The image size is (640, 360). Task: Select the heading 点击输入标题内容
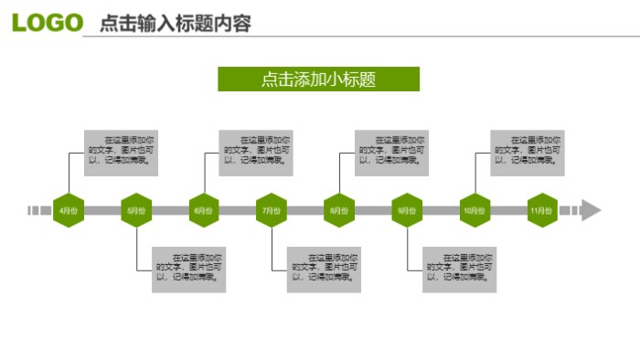tap(175, 24)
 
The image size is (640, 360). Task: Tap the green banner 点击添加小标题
tap(318, 79)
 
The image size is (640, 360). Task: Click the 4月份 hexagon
tap(69, 210)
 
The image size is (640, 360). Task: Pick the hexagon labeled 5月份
tap(136, 210)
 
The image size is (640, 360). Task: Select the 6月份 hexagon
tap(204, 210)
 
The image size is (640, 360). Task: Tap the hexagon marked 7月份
tap(272, 210)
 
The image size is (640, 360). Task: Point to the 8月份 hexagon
tap(339, 210)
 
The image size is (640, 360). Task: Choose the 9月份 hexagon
tap(407, 210)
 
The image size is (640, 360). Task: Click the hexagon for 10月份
tap(475, 210)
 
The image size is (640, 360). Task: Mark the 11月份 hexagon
tap(542, 210)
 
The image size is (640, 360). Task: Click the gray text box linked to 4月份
tap(122, 152)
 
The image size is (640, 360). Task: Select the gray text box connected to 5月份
tap(189, 269)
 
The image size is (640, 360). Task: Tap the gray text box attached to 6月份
tap(257, 152)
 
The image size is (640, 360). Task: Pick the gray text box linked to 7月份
tap(325, 269)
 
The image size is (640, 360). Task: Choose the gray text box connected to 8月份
tap(392, 152)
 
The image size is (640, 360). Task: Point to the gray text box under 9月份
tap(460, 269)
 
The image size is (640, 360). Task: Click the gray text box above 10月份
tap(528, 152)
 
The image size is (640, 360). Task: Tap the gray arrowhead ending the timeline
tap(591, 210)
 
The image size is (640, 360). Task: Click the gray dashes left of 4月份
tap(39, 210)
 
